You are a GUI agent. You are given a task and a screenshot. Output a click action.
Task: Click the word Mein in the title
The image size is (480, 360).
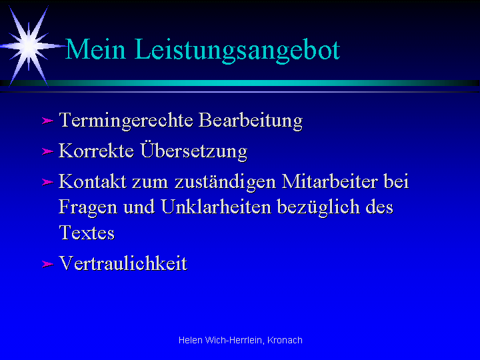[x=95, y=49]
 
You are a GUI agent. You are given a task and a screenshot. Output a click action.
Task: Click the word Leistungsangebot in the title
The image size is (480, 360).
[x=237, y=51]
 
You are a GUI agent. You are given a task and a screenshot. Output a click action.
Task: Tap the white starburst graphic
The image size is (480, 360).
[x=29, y=46]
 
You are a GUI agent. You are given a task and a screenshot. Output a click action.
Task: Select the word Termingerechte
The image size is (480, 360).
[x=126, y=121]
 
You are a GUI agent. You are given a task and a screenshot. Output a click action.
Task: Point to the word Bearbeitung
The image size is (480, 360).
[x=251, y=121]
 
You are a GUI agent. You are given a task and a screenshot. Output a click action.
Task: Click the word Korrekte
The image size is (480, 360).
[x=96, y=151]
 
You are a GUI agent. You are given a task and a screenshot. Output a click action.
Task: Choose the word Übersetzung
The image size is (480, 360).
[x=194, y=151]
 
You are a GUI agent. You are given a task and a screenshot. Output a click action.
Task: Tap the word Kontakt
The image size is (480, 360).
[x=93, y=181]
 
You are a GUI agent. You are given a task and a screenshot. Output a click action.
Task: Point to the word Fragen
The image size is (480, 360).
[x=88, y=208]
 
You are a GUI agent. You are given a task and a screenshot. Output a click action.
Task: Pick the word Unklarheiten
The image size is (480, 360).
[x=216, y=207]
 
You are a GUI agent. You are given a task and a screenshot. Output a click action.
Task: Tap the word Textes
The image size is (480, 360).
[x=87, y=233]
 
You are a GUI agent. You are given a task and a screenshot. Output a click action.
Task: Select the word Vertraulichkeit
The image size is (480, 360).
[x=123, y=263]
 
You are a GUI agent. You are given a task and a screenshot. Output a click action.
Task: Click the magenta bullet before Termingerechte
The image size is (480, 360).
[x=47, y=121]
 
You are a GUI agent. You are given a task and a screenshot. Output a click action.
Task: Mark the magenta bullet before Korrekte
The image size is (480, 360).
[x=47, y=151]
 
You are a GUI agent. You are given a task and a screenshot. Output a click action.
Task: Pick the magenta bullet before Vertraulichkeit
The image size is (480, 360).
[x=47, y=264]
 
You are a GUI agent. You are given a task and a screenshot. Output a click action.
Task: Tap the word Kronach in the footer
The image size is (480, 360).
[x=285, y=340]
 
